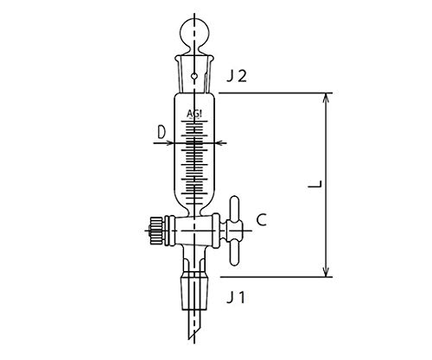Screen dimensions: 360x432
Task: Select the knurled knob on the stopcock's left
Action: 155,231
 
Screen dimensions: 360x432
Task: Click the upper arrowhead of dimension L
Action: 326,96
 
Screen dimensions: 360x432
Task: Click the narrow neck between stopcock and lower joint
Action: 197,261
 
